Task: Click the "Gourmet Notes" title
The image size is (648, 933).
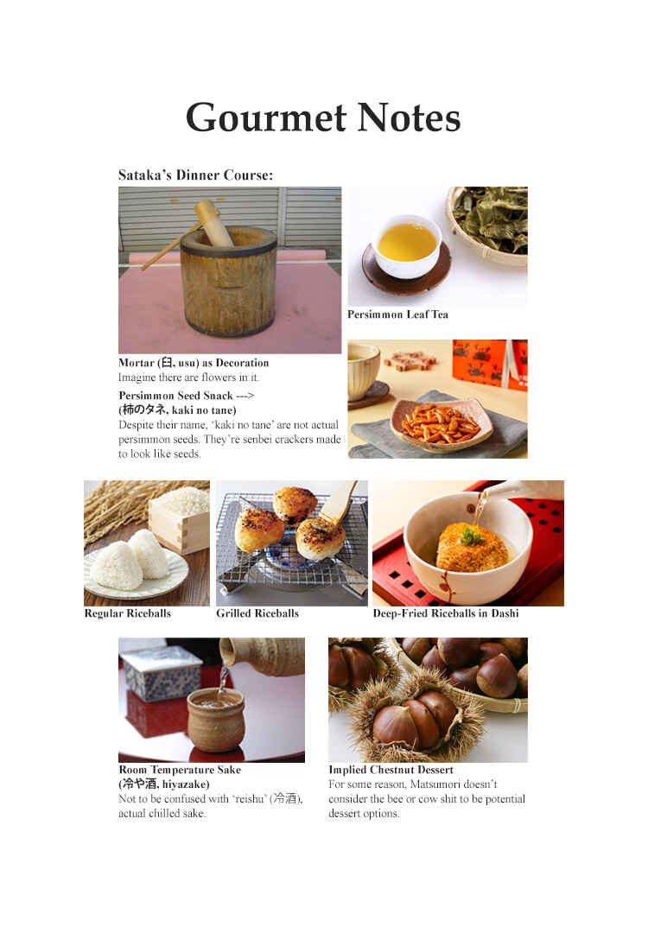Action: point(323,117)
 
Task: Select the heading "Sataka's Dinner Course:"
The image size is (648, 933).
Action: point(195,175)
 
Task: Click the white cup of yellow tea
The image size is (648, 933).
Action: point(407,244)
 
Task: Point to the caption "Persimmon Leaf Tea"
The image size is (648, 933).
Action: point(397,314)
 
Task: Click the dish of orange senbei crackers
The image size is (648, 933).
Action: point(441,422)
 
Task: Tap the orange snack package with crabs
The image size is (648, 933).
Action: point(490,363)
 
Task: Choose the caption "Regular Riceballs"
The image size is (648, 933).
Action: point(127,613)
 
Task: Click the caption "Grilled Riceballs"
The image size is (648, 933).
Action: point(257,613)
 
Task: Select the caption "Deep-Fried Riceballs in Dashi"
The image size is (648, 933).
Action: point(446,613)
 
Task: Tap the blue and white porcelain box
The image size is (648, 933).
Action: point(161,672)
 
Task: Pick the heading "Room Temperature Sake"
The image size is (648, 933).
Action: point(180,770)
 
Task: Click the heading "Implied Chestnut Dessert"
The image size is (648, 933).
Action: point(391,770)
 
